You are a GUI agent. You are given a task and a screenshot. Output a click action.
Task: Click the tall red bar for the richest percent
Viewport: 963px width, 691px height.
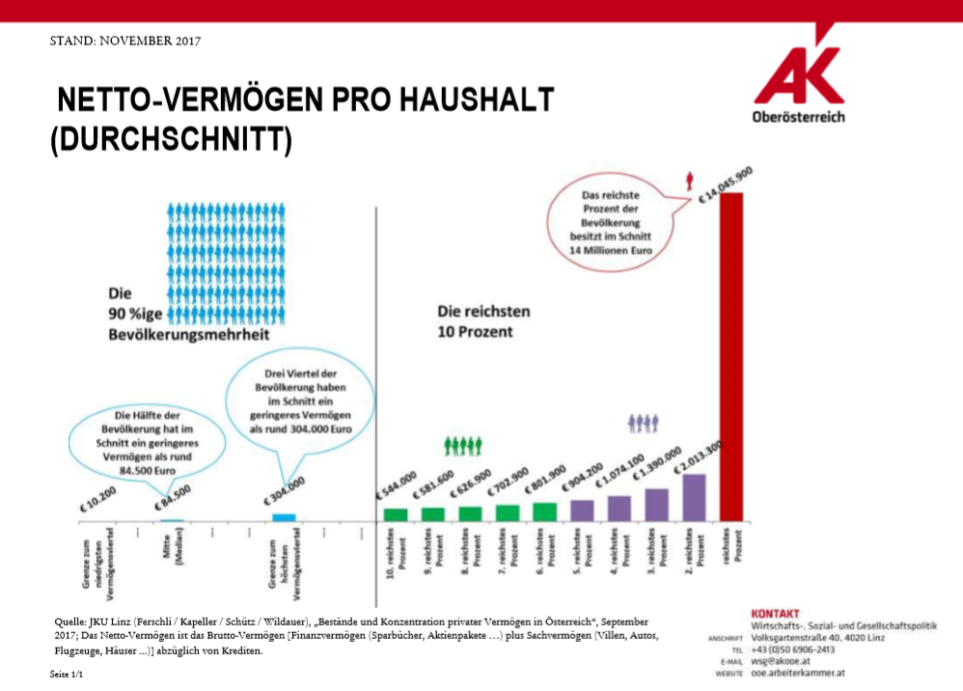(731, 357)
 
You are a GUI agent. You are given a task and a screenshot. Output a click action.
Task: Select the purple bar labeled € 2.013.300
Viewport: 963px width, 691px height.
(695, 497)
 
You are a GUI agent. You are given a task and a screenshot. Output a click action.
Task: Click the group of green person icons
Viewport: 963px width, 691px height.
(462, 445)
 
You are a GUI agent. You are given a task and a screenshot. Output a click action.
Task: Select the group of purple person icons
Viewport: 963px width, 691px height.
(643, 422)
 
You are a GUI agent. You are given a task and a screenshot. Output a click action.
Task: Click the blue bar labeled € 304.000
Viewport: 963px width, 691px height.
(284, 517)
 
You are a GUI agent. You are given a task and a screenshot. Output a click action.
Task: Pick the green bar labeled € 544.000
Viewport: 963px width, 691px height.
(396, 514)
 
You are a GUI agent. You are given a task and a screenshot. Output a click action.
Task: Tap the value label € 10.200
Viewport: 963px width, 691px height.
(98, 497)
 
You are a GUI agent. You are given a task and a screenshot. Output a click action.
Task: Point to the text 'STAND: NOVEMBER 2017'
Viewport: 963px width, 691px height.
(124, 41)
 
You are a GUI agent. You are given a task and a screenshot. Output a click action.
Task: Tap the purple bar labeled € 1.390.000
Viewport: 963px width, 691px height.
(657, 505)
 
